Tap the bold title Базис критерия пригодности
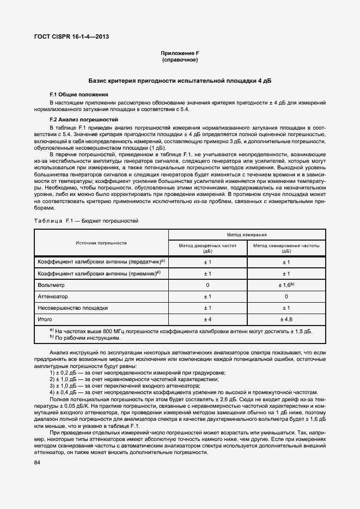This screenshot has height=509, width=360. [x=180, y=81]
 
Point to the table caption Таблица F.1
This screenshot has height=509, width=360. [x=87, y=221]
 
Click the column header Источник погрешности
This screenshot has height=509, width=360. [x=101, y=243]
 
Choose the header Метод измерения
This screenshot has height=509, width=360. [x=247, y=235]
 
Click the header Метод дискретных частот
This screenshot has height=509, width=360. [x=208, y=249]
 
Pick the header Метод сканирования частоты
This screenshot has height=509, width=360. [x=286, y=249]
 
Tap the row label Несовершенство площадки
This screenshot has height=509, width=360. [x=72, y=308]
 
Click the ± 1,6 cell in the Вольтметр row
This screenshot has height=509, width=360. [x=286, y=285]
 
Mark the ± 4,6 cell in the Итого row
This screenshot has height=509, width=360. [x=286, y=319]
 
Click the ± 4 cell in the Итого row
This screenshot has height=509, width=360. [x=208, y=319]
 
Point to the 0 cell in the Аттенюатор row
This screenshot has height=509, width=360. [x=286, y=296]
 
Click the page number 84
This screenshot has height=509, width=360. [x=38, y=463]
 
